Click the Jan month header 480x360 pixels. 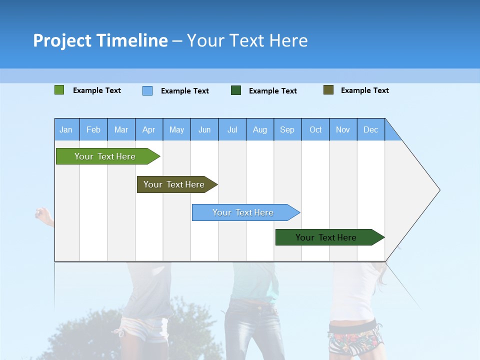66,129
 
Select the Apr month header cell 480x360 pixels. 149,129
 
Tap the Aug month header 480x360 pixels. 259,129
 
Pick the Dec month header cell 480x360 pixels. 370,129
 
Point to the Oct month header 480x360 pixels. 315,129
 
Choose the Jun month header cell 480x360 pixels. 204,129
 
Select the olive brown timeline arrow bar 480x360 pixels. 175,184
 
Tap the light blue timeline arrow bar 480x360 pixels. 244,212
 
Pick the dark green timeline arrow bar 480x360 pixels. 327,237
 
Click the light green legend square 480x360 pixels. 59,90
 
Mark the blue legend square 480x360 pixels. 147,90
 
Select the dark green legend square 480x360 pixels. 236,90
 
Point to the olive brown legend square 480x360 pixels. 328,90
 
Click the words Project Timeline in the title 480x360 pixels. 100,40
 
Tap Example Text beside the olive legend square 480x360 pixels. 364,90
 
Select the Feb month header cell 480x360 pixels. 93,129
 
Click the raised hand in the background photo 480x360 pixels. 42,215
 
